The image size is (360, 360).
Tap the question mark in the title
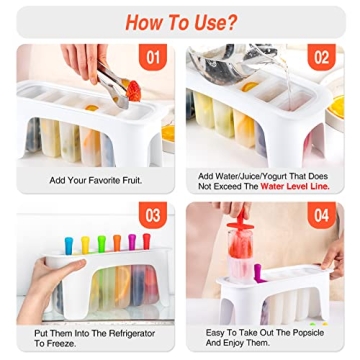[x=232, y=21]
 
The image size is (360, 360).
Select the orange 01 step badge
[x=153, y=58]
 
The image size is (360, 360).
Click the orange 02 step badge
[x=322, y=58]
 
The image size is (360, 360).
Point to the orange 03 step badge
[x=153, y=215]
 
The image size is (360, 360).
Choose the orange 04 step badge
[x=322, y=215]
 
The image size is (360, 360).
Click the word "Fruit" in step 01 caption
[x=127, y=180]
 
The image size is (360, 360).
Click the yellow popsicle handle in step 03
[x=101, y=244]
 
